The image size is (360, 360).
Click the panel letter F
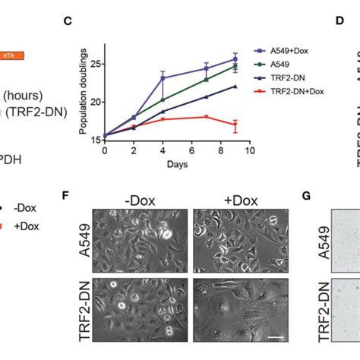tap(68, 196)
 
